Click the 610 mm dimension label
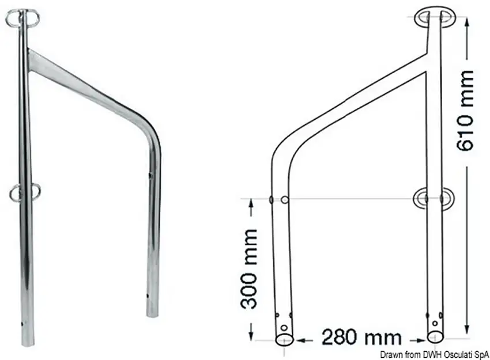tap(465, 111)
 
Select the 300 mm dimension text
tap(249, 269)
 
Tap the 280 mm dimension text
tap(361, 338)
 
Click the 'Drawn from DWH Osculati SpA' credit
tap(435, 355)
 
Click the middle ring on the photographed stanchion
tap(25, 192)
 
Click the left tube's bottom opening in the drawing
tap(284, 339)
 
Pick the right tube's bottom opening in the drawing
tap(435, 336)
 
